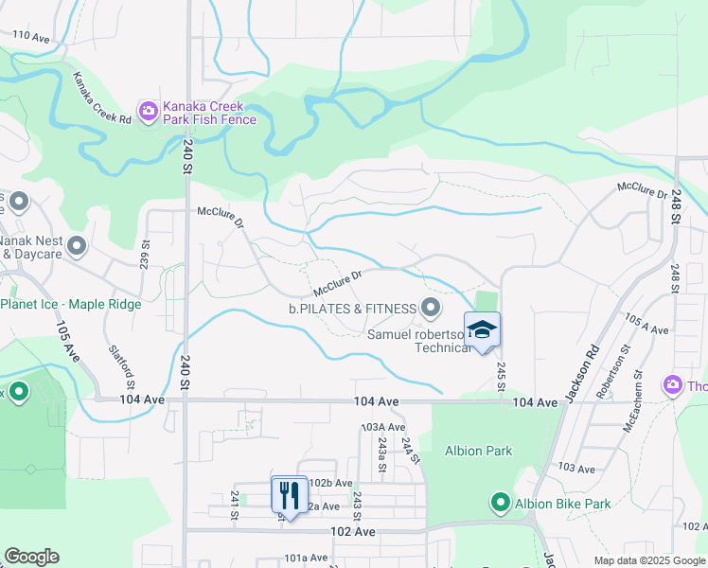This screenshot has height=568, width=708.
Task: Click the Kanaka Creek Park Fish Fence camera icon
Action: [149, 112]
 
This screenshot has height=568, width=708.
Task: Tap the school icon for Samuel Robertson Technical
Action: [482, 330]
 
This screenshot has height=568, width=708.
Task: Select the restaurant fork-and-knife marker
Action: [290, 494]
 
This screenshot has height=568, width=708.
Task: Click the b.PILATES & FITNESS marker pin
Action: [432, 308]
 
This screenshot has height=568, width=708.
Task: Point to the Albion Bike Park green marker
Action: [500, 503]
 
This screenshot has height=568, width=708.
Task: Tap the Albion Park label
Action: [478, 451]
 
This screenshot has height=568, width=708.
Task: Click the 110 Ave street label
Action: [30, 36]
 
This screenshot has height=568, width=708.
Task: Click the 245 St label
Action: [501, 374]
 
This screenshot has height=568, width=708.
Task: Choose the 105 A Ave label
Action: [648, 325]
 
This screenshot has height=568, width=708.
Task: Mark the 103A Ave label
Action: [382, 428]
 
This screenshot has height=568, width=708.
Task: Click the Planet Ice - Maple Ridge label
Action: [71, 304]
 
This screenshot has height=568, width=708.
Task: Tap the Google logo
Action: [31, 557]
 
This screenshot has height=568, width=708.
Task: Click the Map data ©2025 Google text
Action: [648, 560]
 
